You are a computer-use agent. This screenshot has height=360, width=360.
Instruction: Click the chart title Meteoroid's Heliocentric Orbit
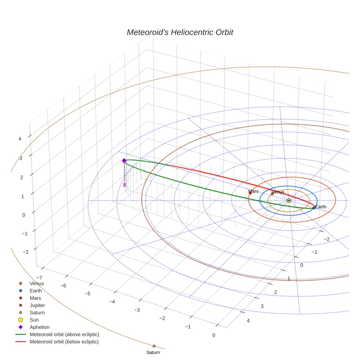(x=180, y=33)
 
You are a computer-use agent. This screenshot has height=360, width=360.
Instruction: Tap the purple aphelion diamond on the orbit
(x=124, y=161)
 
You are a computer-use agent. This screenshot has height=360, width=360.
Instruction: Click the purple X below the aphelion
(x=125, y=185)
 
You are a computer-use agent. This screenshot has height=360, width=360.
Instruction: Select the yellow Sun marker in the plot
(x=289, y=200)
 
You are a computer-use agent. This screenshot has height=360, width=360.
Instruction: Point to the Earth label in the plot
(x=320, y=207)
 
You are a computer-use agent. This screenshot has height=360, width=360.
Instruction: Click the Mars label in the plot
(x=253, y=191)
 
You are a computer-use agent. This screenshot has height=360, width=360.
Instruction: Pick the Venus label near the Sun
(x=278, y=192)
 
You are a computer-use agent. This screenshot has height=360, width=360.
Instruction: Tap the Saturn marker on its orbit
(x=154, y=346)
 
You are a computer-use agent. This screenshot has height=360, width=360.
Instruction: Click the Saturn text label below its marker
(x=153, y=353)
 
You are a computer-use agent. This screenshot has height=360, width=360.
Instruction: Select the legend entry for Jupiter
(x=37, y=305)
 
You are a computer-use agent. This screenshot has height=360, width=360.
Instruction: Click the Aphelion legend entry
(x=40, y=327)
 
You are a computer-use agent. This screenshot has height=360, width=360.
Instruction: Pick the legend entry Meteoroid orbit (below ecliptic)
(x=64, y=342)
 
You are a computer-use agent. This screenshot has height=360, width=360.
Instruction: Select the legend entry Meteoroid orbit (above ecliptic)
(x=64, y=334)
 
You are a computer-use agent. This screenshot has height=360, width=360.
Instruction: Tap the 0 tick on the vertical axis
(x=24, y=215)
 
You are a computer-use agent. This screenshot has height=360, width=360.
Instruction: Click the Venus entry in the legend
(x=37, y=283)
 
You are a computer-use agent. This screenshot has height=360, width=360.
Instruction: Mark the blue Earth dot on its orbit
(x=314, y=208)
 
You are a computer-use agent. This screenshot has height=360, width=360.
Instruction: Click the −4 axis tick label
(x=112, y=302)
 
